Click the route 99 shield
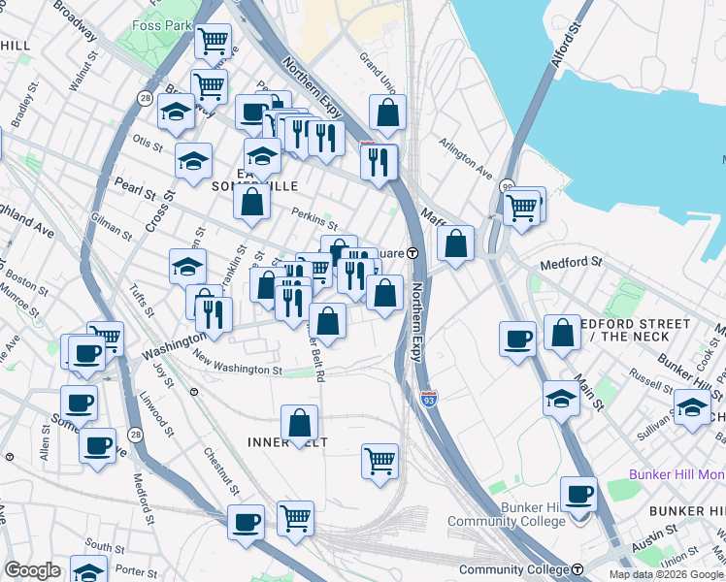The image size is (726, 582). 507,186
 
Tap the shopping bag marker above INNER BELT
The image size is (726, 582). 300,423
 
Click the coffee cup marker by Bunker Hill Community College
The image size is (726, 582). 579,495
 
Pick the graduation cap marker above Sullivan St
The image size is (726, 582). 691,407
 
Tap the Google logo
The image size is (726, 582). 32,570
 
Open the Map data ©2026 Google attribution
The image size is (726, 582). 666,573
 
